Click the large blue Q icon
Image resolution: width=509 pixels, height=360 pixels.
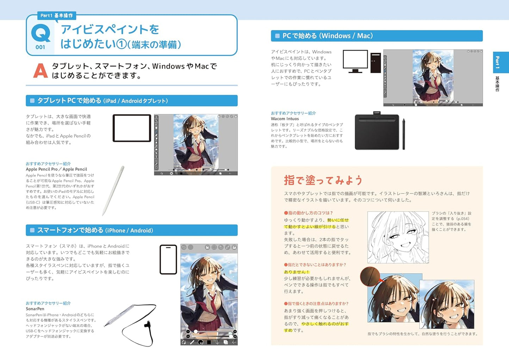click(41, 33)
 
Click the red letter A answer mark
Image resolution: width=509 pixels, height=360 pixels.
click(40, 71)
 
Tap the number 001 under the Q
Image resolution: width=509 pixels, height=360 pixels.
click(40, 47)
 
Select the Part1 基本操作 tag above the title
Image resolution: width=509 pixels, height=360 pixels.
click(56, 15)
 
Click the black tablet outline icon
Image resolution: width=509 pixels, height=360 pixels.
click(132, 128)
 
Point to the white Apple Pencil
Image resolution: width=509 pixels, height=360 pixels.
click(113, 190)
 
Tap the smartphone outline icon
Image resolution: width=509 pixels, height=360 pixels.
click(168, 259)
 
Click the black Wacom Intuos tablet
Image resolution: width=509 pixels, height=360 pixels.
click(377, 132)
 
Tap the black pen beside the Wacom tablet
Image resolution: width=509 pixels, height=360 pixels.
click(404, 134)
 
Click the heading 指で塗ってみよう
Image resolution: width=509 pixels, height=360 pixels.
click(323, 180)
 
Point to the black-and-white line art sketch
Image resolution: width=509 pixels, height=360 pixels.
click(398, 237)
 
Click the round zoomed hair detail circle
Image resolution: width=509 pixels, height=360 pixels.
click(370, 276)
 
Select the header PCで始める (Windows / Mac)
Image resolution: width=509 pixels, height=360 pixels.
click(328, 36)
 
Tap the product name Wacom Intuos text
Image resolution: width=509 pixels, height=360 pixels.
click(285, 119)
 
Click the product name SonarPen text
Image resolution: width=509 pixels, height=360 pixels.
click(35, 309)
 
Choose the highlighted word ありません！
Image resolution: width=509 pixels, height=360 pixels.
click(297, 272)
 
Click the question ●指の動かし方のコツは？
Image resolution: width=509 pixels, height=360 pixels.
click(308, 213)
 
